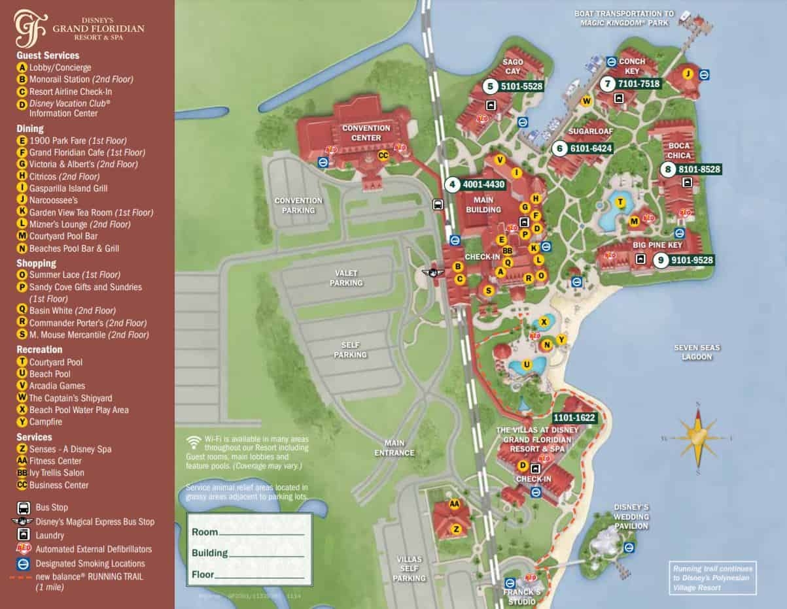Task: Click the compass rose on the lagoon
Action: (698, 437)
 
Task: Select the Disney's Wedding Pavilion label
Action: (631, 516)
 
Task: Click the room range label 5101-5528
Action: (521, 86)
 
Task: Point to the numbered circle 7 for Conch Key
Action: (608, 84)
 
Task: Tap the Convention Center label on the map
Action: (366, 133)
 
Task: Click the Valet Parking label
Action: (346, 278)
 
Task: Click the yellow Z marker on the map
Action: (456, 528)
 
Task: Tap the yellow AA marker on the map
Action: (454, 504)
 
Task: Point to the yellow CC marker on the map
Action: (383, 156)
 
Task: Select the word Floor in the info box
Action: (202, 575)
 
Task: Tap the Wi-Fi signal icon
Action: (194, 440)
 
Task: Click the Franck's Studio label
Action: (522, 597)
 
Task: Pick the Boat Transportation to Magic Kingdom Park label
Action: (624, 18)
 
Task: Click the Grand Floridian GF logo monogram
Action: (30, 28)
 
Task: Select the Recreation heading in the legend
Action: (39, 350)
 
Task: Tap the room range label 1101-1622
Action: (575, 418)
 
